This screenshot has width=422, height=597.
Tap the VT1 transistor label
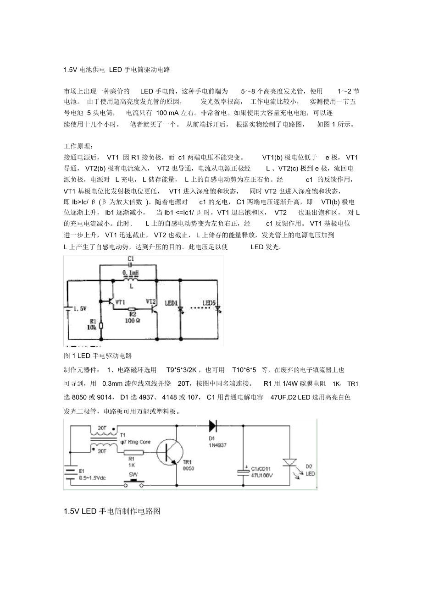121,302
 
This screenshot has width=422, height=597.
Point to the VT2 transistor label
151,301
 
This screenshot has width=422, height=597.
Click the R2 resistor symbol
132,309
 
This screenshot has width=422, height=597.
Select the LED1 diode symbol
180,311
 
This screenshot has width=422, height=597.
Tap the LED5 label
209,303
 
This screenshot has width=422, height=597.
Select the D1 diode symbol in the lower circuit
213,426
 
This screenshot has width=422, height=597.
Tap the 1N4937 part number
217,445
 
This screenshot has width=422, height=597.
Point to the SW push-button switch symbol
133,483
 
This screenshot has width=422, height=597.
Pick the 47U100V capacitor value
262,476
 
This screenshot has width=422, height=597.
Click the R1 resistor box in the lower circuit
134,453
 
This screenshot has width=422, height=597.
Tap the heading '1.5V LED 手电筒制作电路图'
112,511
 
